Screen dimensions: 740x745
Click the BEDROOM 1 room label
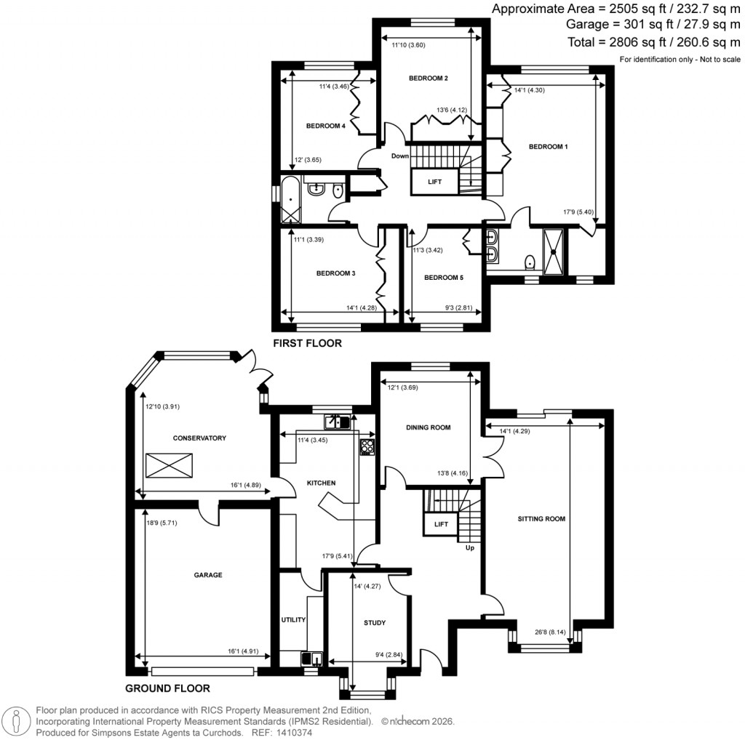548,147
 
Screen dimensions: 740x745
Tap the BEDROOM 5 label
443,278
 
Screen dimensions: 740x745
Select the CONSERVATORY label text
180,438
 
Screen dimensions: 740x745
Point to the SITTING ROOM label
541,519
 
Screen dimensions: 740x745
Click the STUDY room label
374,623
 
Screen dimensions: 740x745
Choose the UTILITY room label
293,619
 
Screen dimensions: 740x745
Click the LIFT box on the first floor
434,181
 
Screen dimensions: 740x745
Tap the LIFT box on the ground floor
442,523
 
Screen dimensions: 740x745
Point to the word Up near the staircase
469,547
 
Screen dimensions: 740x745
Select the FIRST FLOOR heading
306,343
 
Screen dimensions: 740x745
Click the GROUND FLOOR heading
168,688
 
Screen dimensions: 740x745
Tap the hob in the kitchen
367,447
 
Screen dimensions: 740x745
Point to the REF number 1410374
293,733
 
